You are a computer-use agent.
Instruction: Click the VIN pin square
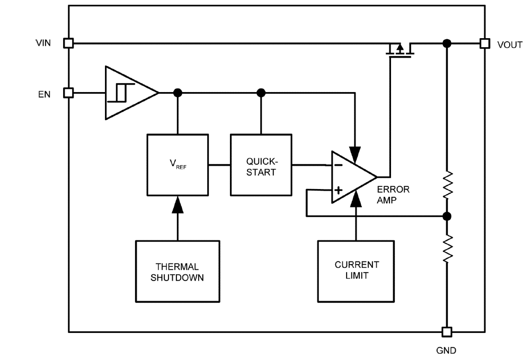[68, 43]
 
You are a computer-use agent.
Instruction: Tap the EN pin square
[68, 93]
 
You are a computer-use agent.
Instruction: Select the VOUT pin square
[484, 43]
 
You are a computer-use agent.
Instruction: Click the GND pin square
[447, 332]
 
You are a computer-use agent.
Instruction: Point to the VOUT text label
[510, 45]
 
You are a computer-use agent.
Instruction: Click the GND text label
[447, 350]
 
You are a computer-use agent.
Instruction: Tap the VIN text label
[43, 43]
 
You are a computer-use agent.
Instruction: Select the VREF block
[178, 165]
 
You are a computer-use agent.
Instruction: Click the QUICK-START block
[261, 165]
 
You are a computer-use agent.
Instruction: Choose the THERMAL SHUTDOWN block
[178, 271]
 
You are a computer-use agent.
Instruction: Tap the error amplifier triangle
[351, 177]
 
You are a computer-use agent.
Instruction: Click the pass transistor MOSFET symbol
[400, 50]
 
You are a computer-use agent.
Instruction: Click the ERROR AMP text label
[393, 194]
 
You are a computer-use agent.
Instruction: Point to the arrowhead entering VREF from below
[178, 204]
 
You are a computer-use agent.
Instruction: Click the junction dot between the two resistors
[447, 216]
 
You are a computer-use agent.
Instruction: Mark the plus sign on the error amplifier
[338, 189]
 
